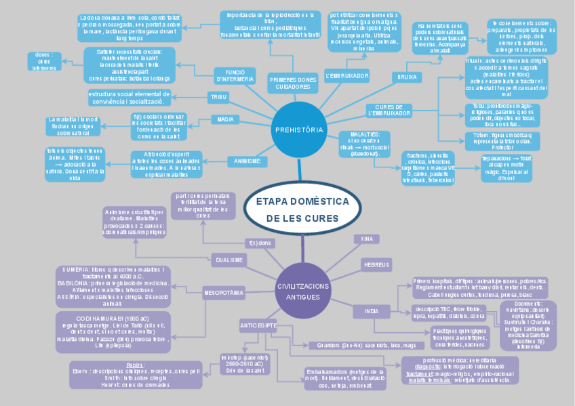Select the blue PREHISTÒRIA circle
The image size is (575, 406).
pos(299,129)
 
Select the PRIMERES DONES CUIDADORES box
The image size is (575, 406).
pos(293,83)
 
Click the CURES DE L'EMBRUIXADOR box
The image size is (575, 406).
pos(389,110)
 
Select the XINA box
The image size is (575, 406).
pos(366,239)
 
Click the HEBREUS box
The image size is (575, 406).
pos(377,263)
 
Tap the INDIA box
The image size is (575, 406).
pos(372,311)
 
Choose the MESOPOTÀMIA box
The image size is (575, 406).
pos(223,293)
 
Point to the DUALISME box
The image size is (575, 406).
pos(229,260)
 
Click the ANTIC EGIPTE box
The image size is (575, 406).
pos(258,326)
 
